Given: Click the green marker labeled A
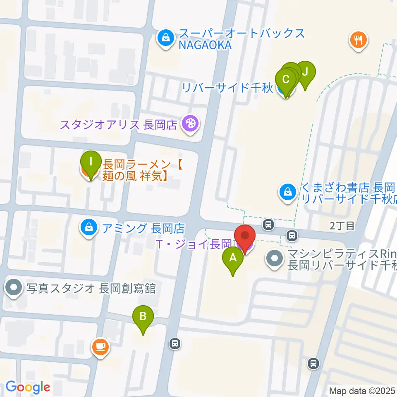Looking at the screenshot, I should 233,260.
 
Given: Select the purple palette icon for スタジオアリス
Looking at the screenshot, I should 190,124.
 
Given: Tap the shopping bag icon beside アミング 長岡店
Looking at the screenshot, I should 88,227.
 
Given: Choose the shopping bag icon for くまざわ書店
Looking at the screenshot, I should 287,192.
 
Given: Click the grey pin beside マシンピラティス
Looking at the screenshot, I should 274,259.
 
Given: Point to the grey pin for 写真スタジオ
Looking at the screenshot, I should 14,288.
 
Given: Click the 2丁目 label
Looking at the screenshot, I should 342,226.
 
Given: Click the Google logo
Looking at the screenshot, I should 28,387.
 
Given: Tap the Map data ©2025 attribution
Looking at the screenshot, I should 362,390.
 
